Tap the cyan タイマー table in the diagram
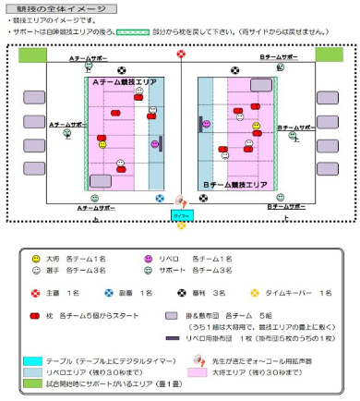(180, 214)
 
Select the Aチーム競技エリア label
(121, 82)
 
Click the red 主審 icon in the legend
(36, 292)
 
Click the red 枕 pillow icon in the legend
(36, 316)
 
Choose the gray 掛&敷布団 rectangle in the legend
(172, 316)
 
